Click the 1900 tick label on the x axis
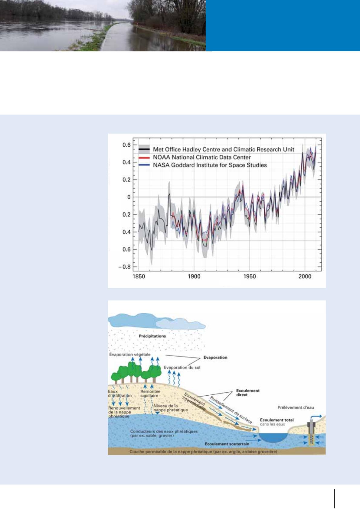[194, 277]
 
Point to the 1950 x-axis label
[250, 277]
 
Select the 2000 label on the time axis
[305, 277]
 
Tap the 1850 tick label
[139, 277]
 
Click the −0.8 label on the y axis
[125, 267]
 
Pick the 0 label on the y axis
[129, 197]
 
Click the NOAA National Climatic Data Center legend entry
[202, 157]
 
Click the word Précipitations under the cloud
[152, 336]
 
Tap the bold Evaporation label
[215, 358]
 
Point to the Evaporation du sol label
[182, 368]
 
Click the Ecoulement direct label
[248, 393]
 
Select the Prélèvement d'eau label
[296, 407]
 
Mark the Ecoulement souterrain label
[227, 444]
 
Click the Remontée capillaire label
[150, 394]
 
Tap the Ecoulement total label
[277, 420]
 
